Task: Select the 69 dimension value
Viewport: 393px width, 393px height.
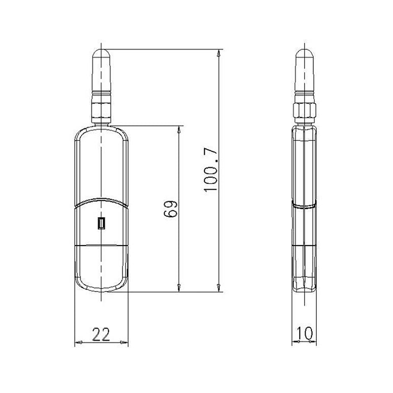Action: [171, 208]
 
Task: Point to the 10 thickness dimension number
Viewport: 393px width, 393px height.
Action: [305, 334]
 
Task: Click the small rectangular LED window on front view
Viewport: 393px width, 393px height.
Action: [101, 224]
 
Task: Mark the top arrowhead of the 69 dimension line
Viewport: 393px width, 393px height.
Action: [180, 130]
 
